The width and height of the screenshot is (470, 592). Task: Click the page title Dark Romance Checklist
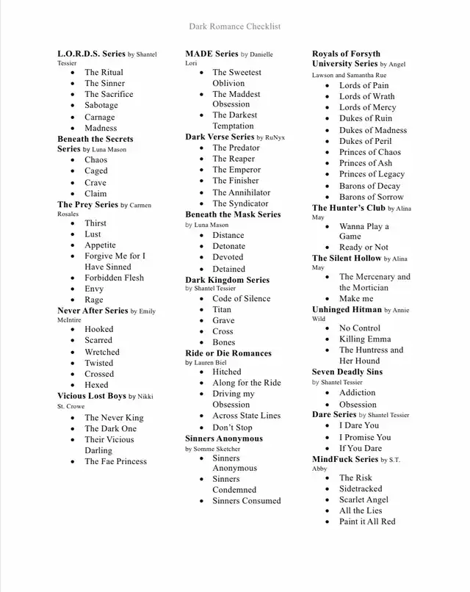tap(234, 26)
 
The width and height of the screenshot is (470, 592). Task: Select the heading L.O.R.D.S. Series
tap(92, 54)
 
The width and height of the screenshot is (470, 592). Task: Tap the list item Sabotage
tap(101, 105)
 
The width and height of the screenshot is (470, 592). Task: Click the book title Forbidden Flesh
tap(114, 278)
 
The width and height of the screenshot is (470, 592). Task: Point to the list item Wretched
tap(101, 352)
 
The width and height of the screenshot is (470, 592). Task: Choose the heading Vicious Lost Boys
tap(92, 396)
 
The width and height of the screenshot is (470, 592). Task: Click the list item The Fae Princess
tap(115, 461)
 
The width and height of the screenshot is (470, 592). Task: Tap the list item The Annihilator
tap(241, 192)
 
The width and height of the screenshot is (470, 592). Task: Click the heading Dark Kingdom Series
tap(227, 280)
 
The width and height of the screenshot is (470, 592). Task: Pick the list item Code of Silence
tap(242, 298)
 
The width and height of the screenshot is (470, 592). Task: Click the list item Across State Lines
tap(246, 416)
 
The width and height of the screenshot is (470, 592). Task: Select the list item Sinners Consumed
tap(246, 501)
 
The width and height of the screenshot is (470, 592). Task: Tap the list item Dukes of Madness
tap(372, 130)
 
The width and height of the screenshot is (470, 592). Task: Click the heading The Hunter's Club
tap(349, 208)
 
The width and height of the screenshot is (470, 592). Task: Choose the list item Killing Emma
tap(365, 339)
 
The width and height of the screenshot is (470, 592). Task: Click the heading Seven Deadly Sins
tap(347, 372)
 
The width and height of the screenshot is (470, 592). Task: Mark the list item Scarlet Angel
tap(364, 499)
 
